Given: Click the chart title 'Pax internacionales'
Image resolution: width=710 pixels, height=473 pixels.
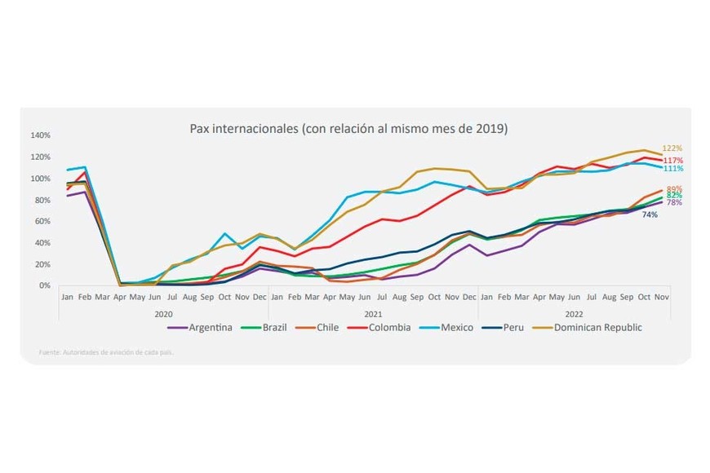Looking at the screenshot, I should pyautogui.click(x=348, y=129).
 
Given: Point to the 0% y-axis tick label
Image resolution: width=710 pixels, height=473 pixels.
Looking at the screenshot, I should pyautogui.click(x=44, y=286).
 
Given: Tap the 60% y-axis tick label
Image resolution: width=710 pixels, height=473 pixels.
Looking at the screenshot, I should pyautogui.click(x=42, y=222).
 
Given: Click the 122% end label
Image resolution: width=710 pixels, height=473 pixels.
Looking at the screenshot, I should pyautogui.click(x=672, y=148).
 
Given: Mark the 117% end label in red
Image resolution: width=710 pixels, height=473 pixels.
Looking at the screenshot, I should pyautogui.click(x=673, y=161).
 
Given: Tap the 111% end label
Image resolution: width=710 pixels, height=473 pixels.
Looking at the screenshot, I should pyautogui.click(x=673, y=169).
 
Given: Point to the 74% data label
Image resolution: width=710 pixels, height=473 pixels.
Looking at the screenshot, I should pyautogui.click(x=650, y=214).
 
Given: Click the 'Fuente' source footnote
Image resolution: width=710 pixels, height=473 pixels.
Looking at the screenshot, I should pyautogui.click(x=106, y=352).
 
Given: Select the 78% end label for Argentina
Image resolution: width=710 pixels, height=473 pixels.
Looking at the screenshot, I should pyautogui.click(x=674, y=203).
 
